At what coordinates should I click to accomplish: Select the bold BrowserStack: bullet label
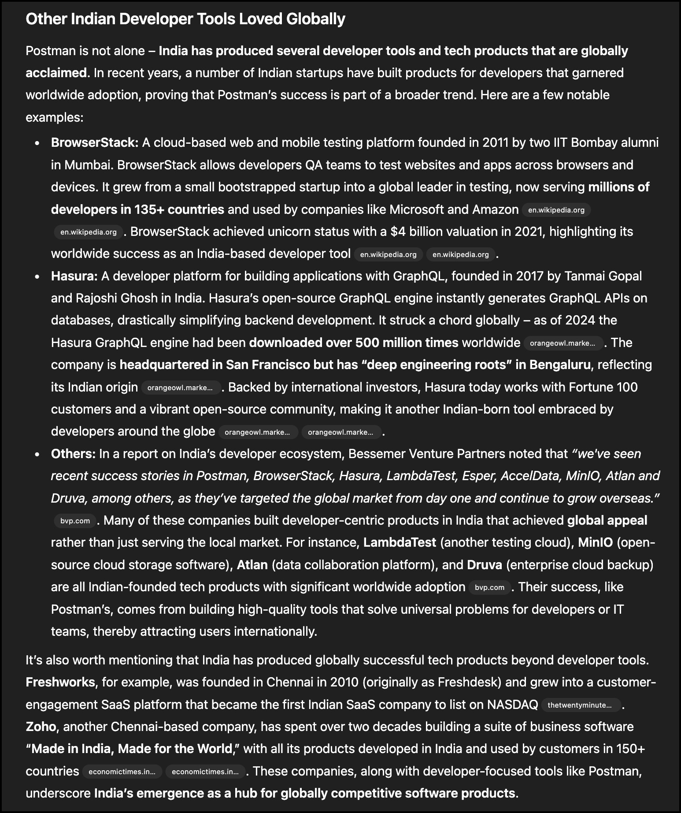click(x=95, y=142)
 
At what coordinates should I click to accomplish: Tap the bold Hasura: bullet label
click(x=74, y=276)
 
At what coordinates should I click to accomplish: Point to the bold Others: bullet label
click(x=73, y=454)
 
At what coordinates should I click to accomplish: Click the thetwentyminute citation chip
click(x=579, y=705)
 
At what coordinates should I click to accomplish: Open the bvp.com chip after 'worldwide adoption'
click(x=489, y=587)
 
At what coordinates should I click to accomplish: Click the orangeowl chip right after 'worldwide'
click(x=563, y=343)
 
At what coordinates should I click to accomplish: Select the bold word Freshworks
click(x=60, y=682)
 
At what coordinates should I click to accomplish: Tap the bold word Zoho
click(x=41, y=727)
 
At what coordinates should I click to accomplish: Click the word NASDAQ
click(x=512, y=705)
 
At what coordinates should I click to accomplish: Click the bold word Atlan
click(x=252, y=565)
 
